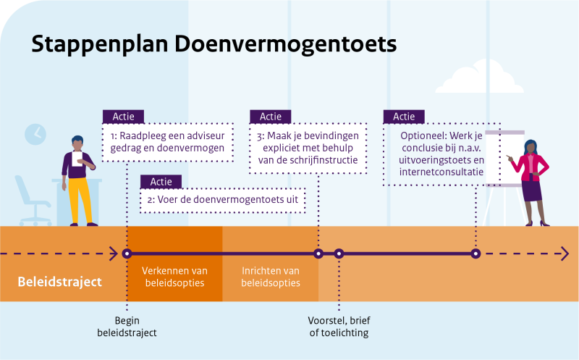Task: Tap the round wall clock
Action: [x=35, y=134]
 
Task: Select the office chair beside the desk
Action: [x=32, y=199]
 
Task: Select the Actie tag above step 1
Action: [x=123, y=117]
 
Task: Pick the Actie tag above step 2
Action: [x=161, y=182]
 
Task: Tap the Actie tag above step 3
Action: [x=270, y=117]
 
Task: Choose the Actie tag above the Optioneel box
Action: [x=403, y=117]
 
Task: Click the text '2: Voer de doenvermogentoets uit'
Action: [x=222, y=200]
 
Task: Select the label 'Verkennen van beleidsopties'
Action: [x=174, y=276]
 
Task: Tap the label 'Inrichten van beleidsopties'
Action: [x=270, y=276]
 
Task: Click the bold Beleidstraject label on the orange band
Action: [x=60, y=281]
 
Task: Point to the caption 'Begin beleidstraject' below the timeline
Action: [x=127, y=327]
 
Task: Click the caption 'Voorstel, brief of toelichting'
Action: [x=339, y=327]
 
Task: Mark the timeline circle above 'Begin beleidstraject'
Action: [x=127, y=254]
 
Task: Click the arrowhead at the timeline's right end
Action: [x=564, y=254]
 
